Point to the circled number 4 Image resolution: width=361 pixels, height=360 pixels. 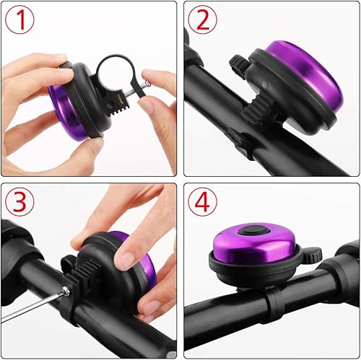[x=203, y=203]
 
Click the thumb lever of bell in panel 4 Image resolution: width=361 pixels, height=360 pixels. [x=312, y=255]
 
